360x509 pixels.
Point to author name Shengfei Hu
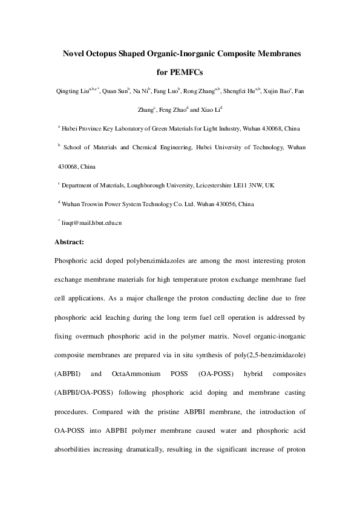239,92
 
